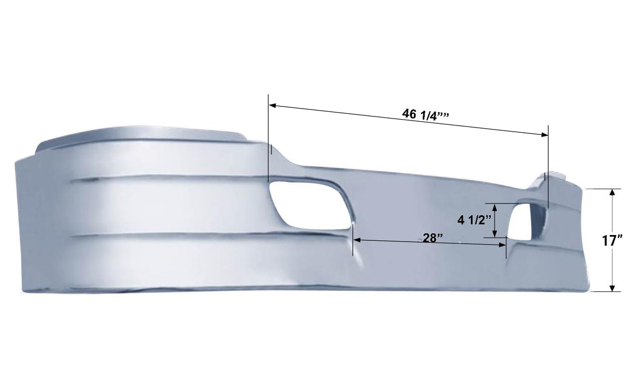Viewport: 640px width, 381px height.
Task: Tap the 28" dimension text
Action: pos(432,238)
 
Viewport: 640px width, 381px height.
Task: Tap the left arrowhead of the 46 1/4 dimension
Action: pos(272,105)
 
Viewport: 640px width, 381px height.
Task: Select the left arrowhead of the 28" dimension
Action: pos(356,240)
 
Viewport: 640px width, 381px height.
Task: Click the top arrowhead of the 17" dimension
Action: pos(612,192)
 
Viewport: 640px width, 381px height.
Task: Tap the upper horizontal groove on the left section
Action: pos(169,178)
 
